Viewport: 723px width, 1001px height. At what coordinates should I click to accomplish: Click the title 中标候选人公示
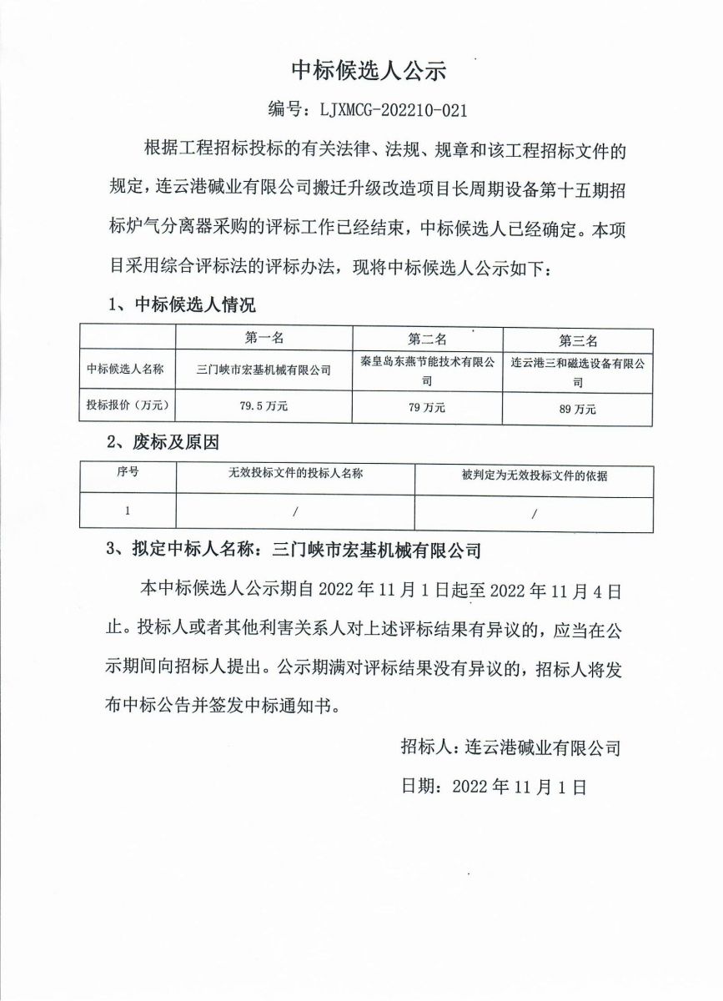click(x=369, y=71)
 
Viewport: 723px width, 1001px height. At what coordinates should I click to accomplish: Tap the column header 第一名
click(x=264, y=338)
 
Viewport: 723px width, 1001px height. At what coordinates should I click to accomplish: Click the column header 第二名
click(x=427, y=339)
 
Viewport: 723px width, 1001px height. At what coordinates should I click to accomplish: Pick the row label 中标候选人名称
click(x=126, y=368)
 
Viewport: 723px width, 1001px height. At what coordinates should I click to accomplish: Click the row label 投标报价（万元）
click(x=128, y=406)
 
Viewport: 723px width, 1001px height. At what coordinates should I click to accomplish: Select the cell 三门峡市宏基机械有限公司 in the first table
click(x=264, y=369)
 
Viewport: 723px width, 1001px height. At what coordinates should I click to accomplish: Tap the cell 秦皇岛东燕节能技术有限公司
click(x=427, y=371)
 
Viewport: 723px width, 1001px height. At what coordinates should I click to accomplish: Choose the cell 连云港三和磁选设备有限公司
click(x=579, y=373)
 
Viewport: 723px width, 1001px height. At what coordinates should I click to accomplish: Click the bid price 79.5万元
click(x=264, y=407)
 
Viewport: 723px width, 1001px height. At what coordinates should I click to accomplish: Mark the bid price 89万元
click(x=579, y=409)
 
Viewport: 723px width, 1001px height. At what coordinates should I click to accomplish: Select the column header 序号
click(x=128, y=472)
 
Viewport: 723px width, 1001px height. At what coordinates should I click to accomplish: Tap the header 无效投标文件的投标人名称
click(x=296, y=474)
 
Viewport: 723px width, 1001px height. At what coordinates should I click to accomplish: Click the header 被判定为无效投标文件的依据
click(x=535, y=476)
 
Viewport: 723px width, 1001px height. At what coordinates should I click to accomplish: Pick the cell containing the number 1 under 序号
click(x=128, y=511)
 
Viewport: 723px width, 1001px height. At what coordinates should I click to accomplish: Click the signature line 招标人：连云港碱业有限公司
click(x=510, y=747)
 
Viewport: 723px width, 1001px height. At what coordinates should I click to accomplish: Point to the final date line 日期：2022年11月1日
click(x=495, y=785)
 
